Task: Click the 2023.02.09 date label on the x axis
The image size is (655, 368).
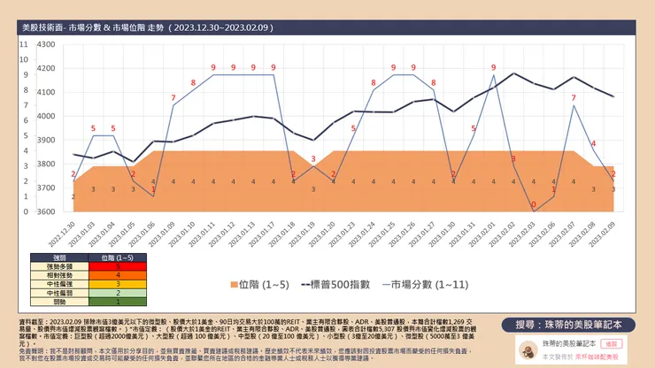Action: tap(611, 234)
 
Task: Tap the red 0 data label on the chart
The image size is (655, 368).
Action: tap(534, 204)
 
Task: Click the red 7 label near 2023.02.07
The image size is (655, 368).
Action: tap(574, 97)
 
